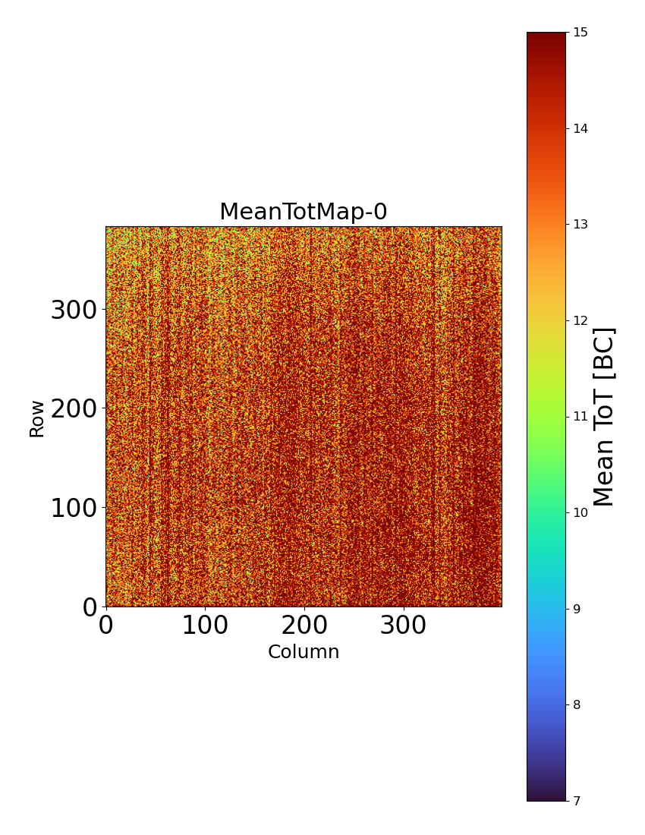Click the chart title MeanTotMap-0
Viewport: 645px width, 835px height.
304,213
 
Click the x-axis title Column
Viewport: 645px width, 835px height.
304,652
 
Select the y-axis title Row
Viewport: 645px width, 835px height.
37,418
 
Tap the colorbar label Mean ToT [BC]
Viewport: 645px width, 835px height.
604,417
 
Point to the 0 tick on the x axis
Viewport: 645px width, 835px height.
106,625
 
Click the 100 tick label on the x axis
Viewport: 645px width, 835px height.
205,625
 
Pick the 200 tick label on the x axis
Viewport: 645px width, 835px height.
304,625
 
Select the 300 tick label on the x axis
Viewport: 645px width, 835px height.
403,625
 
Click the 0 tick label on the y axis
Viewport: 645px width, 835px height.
90,607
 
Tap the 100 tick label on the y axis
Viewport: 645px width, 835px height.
74,508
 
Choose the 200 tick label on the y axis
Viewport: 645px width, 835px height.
74,408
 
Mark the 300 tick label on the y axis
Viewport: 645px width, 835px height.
74,310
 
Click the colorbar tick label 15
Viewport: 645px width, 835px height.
580,33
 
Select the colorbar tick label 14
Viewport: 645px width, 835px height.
580,128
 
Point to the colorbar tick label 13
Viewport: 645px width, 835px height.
580,225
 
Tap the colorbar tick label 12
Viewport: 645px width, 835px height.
580,320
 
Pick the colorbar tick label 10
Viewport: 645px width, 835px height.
580,512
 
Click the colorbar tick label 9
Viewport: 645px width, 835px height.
577,609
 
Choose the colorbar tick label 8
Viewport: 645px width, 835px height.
577,704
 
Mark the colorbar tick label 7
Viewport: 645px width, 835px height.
577,801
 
